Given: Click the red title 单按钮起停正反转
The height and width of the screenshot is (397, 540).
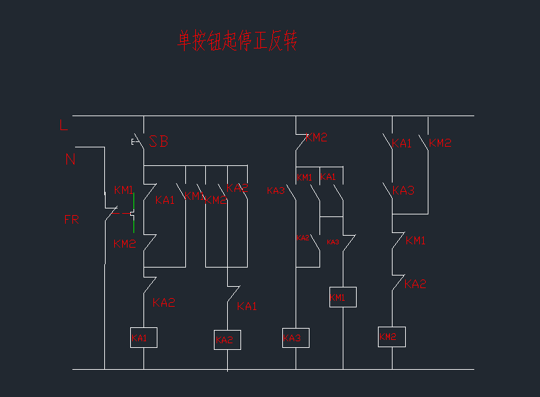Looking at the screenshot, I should [x=237, y=40].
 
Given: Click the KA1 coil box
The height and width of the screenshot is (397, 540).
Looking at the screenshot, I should [x=143, y=338].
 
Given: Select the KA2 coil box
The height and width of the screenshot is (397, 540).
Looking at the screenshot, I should [x=227, y=340].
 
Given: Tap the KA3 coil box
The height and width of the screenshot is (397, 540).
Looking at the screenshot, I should [x=296, y=338].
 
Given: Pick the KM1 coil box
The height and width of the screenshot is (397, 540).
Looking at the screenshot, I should [x=343, y=297].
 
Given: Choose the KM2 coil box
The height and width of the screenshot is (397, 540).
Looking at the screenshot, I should [x=391, y=337].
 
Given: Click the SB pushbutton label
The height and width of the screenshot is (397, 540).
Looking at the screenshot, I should [x=158, y=141].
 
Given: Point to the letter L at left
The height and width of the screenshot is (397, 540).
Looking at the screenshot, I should [x=64, y=125].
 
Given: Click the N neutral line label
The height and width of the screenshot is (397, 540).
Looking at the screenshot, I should [x=70, y=159].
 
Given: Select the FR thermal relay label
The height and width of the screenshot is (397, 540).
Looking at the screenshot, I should [x=71, y=220].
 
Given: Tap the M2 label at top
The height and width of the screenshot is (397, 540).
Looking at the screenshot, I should [x=319, y=137].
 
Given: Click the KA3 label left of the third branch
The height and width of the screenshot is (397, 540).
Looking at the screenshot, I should [x=276, y=191].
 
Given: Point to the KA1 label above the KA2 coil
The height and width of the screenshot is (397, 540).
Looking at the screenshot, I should [x=246, y=306].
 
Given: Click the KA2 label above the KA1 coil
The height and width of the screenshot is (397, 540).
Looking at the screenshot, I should [x=163, y=303].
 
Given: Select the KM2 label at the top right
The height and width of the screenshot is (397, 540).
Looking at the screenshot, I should [x=440, y=143].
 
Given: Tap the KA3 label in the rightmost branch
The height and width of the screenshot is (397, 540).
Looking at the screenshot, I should [x=403, y=191].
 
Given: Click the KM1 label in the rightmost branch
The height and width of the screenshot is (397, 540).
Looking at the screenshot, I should [x=415, y=240].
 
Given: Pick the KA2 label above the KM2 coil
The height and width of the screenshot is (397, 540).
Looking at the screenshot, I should [x=415, y=284].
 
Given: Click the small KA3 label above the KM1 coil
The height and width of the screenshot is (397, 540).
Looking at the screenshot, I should [x=333, y=242].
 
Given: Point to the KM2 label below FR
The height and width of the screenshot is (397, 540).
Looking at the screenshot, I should [x=124, y=244].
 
